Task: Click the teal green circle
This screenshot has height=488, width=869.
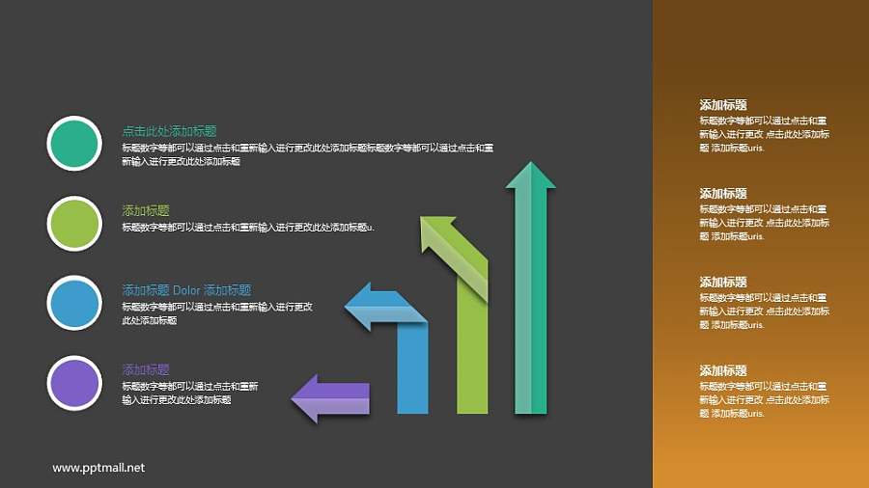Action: coord(73,144)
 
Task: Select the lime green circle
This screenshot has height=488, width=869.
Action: coord(73,224)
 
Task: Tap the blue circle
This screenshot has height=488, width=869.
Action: coord(73,303)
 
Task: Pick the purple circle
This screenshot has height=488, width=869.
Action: coord(73,383)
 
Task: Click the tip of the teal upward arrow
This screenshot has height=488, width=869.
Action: coord(531,166)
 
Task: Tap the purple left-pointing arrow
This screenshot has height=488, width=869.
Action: coord(330,397)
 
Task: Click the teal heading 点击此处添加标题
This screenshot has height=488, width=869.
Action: coord(169,131)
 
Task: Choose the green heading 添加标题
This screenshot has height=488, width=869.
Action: coord(146,210)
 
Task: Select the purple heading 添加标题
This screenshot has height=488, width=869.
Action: coord(146,369)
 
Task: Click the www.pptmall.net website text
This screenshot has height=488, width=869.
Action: coord(98,468)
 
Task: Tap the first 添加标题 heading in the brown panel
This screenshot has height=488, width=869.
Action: coord(723,105)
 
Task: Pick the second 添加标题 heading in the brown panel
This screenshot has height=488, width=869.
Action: coord(723,194)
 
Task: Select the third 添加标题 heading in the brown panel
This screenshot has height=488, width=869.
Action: coord(723,283)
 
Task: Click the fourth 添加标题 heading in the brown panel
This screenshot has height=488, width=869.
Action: coord(723,371)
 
